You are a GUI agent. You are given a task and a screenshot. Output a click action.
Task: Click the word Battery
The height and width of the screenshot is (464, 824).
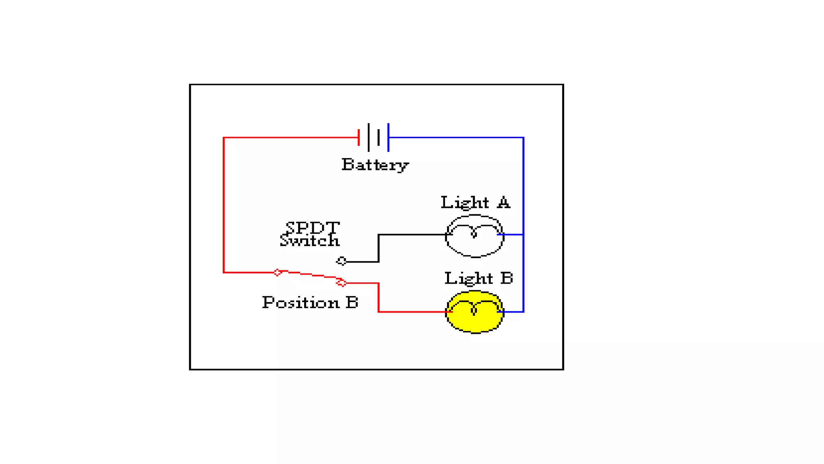click(x=375, y=165)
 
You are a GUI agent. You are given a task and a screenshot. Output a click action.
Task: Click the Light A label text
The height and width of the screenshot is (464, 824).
click(x=475, y=203)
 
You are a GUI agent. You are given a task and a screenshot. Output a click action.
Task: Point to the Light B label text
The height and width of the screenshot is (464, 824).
click(x=478, y=278)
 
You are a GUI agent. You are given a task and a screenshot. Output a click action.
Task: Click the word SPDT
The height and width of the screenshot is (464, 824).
click(x=313, y=228)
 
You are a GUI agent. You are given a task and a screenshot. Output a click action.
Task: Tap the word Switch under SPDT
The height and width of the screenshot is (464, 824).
click(x=309, y=241)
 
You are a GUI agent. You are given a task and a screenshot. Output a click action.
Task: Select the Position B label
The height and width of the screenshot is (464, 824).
click(x=310, y=302)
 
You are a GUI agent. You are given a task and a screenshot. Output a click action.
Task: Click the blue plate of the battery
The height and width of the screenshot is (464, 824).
click(x=388, y=137)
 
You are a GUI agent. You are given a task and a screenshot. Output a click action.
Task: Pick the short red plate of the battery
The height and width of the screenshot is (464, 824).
click(x=358, y=137)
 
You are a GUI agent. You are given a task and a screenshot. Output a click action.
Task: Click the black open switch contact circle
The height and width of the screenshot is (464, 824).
click(x=342, y=261)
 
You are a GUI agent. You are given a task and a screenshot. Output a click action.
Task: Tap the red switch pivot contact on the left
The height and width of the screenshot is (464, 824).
click(x=277, y=272)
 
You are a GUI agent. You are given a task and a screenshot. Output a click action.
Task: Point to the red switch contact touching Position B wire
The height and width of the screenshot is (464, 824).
click(x=341, y=283)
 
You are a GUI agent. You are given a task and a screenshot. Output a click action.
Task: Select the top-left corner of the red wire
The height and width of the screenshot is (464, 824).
click(x=224, y=138)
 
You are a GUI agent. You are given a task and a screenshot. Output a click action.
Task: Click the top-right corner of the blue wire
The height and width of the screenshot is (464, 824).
click(x=523, y=138)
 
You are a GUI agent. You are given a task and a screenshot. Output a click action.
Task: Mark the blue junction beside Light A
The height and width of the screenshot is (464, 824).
click(x=523, y=234)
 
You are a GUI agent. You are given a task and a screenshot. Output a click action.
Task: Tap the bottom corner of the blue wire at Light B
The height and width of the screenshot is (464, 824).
click(x=523, y=311)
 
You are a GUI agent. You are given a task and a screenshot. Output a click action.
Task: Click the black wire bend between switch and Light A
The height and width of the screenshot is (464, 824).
click(x=379, y=235)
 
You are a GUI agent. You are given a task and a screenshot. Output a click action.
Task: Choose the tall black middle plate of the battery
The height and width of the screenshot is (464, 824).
click(x=369, y=137)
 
